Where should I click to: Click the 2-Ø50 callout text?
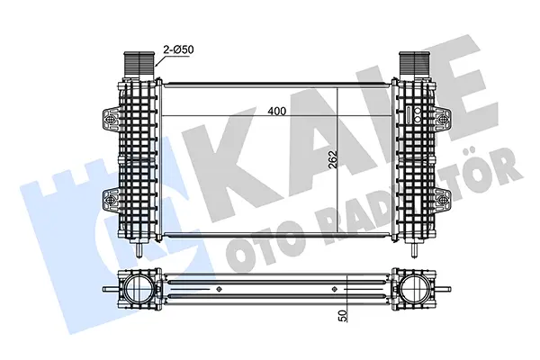pos(178,49)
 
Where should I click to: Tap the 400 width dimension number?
pos(277,111)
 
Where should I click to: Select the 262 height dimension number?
pos(333,158)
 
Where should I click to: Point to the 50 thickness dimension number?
pos(343,316)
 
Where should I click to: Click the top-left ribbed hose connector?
pos(139,65)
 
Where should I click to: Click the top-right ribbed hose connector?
pos(415,65)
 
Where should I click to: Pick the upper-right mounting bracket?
pos(442,120)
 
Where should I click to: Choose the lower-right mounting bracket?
pos(442,201)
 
